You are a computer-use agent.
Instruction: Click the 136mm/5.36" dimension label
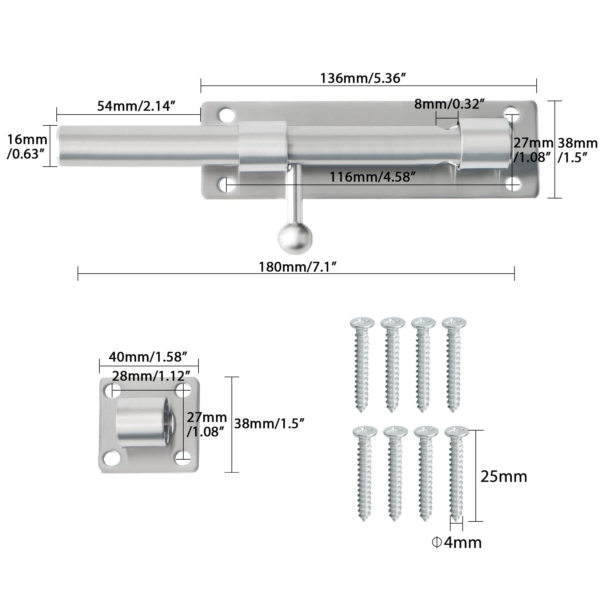(x=363, y=78)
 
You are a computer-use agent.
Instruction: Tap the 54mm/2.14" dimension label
(x=136, y=106)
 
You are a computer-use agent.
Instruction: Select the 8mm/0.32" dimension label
(x=449, y=104)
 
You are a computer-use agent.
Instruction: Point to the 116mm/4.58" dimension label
(x=372, y=178)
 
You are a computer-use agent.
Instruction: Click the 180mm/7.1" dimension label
(x=297, y=267)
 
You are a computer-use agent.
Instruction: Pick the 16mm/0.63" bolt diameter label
(x=27, y=147)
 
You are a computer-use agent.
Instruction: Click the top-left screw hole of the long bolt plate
(x=227, y=115)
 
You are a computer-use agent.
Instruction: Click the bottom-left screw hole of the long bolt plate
(x=226, y=185)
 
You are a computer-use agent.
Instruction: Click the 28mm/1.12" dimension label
(x=151, y=376)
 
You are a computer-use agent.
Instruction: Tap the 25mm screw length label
(x=503, y=477)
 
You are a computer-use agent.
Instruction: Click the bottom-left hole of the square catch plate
(x=112, y=458)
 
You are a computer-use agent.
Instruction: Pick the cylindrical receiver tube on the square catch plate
(x=143, y=422)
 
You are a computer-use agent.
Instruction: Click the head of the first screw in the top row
(x=362, y=322)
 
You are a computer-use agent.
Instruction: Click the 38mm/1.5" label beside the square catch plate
(x=269, y=424)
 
